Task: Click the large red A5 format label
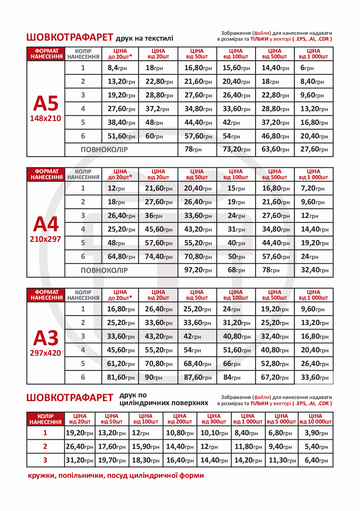46,103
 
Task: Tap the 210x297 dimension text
45,239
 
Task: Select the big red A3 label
46,338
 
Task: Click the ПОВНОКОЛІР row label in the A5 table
104,150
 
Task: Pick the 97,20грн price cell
198,270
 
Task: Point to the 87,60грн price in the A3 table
197,377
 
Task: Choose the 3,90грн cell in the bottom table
316,433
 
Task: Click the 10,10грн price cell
214,433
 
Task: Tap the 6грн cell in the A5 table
307,68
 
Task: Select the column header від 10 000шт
315,419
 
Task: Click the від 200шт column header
180,419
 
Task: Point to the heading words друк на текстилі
144,38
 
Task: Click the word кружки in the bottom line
41,475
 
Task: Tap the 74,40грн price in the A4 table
159,256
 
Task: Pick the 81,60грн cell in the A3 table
121,377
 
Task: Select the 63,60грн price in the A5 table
275,149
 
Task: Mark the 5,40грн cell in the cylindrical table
316,446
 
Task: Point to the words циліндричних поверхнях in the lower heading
164,403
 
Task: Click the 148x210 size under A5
45,118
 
